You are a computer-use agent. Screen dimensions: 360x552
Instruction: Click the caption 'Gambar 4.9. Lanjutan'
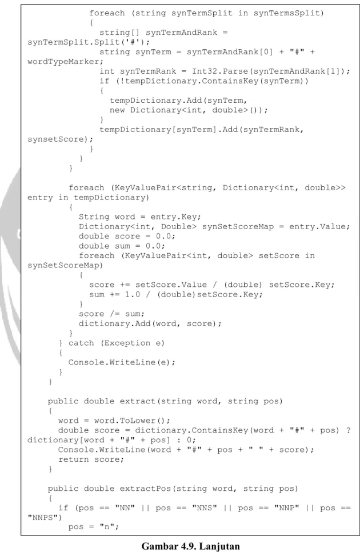pos(190,546)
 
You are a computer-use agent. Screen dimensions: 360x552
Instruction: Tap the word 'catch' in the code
pos(81,343)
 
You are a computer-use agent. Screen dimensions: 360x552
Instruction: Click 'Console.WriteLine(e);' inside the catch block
pos(121,363)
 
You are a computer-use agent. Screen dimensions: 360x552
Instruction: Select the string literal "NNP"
pos(286,508)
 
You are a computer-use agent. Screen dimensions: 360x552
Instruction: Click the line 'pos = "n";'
pos(93,527)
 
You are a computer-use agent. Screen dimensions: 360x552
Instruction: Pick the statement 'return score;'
pos(91,459)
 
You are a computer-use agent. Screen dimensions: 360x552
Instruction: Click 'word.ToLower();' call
pos(132,421)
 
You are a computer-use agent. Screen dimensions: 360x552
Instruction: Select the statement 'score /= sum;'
pos(111,314)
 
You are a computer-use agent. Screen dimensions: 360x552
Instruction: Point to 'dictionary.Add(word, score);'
pos(150,324)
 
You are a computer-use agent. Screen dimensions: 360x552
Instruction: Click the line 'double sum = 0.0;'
pos(121,246)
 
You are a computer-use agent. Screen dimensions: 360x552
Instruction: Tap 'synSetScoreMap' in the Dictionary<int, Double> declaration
pos(238,227)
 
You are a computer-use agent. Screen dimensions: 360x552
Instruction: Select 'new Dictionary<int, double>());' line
pos(188,110)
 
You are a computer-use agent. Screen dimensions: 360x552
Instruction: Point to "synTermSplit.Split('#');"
pos(89,42)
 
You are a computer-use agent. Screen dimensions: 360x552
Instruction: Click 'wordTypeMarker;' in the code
pos(66,62)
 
